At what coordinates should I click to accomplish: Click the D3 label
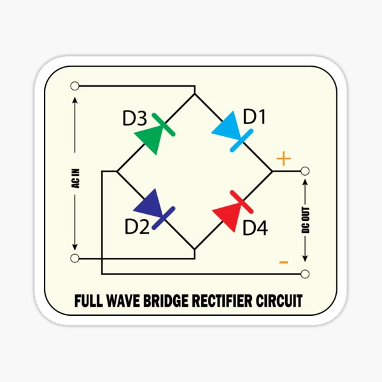pos(135,118)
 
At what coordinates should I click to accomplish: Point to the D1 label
pos(254,117)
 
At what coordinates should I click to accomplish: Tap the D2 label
pos(137,227)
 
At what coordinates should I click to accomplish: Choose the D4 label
pos(255,227)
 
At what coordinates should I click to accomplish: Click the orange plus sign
pos(283,159)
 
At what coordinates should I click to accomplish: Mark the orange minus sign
pos(283,262)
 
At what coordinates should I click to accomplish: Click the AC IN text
pos(76,178)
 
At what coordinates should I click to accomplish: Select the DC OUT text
pos(306,220)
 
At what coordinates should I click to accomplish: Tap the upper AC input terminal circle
pos(74,86)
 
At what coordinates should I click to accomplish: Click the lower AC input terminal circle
pos(74,258)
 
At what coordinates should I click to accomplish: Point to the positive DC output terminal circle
pos(305,171)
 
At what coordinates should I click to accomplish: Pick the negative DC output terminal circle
pos(305,274)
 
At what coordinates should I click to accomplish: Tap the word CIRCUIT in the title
pos(279,301)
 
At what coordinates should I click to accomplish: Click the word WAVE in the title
pos(124,301)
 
